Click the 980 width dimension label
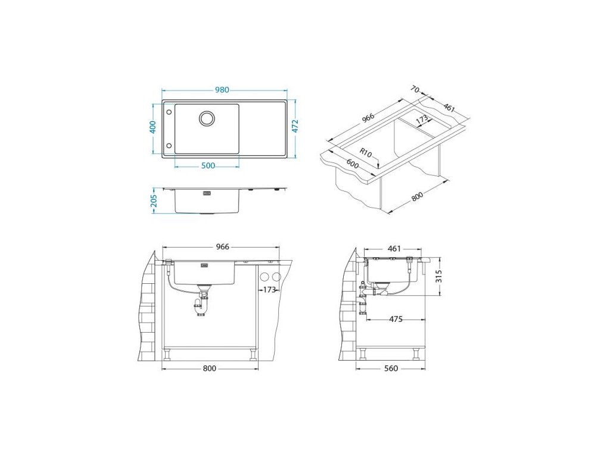(x=222, y=90)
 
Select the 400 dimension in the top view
(x=153, y=127)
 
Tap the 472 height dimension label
(x=295, y=126)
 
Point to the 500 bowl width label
(x=208, y=166)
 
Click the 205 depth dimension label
(x=154, y=201)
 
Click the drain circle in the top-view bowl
(x=207, y=118)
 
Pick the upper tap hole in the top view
(x=169, y=112)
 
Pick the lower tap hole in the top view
(x=169, y=146)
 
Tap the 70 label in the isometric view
(x=415, y=90)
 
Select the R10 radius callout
(x=365, y=152)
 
